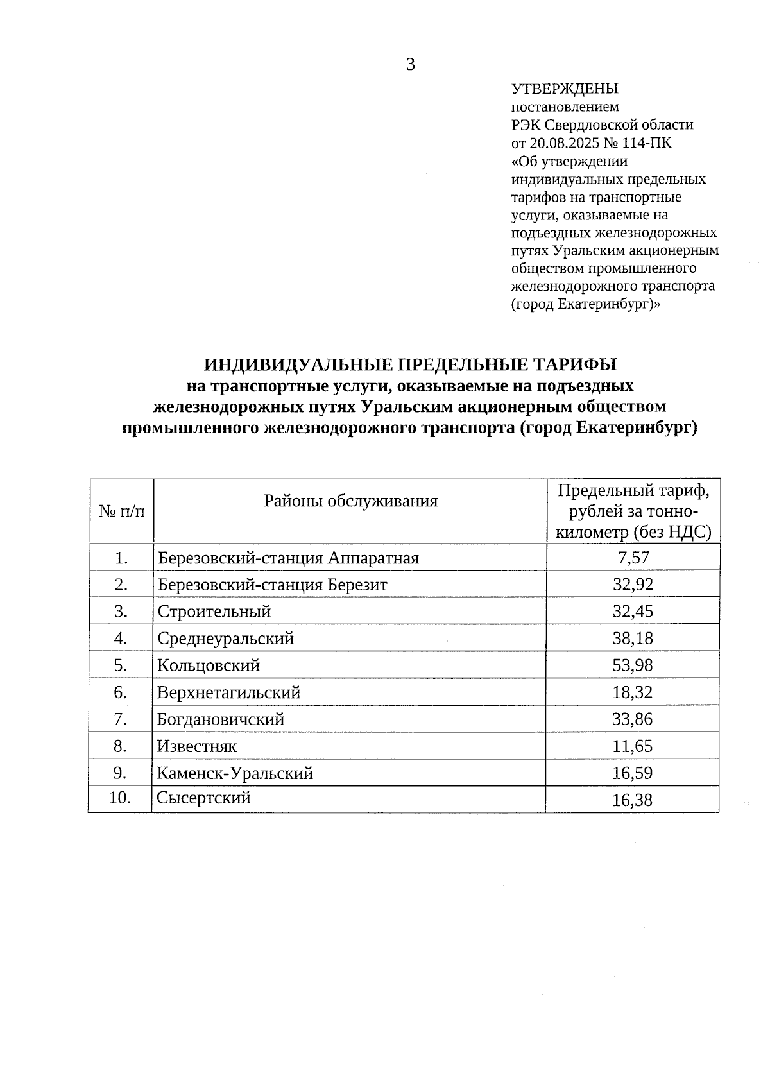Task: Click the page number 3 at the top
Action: (411, 65)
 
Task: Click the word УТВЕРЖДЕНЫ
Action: (565, 89)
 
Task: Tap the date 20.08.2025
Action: (561, 142)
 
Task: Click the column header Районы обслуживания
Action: (350, 501)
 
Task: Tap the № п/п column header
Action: (122, 511)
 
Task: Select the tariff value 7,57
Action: (633, 558)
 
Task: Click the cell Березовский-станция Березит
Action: (273, 585)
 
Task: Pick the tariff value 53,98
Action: (633, 665)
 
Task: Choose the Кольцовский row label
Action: (209, 665)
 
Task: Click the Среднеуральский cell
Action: (226, 639)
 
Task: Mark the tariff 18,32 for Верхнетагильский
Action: (633, 692)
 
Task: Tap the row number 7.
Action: (121, 719)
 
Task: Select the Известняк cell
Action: (197, 746)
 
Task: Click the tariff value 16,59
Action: (633, 773)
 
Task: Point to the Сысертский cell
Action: (204, 798)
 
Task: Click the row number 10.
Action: (121, 798)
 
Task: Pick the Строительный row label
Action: (214, 612)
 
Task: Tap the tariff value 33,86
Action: (633, 719)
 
